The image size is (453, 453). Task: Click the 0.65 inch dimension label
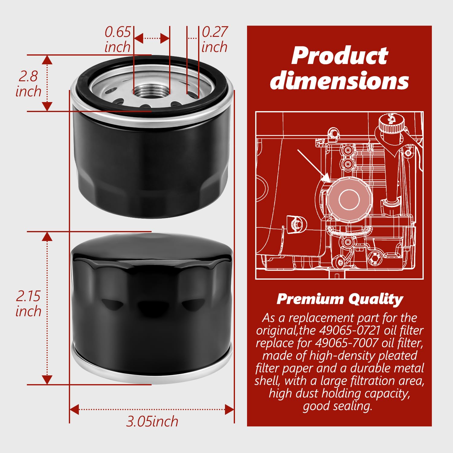(117, 39)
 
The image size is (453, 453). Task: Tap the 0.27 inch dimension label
(214, 39)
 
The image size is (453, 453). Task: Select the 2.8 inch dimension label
(28, 84)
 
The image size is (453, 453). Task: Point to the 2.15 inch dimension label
(28, 304)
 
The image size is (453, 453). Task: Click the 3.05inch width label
(152, 421)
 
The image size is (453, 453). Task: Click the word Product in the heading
(339, 56)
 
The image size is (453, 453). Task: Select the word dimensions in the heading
(339, 81)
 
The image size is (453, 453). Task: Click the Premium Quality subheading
(340, 299)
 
